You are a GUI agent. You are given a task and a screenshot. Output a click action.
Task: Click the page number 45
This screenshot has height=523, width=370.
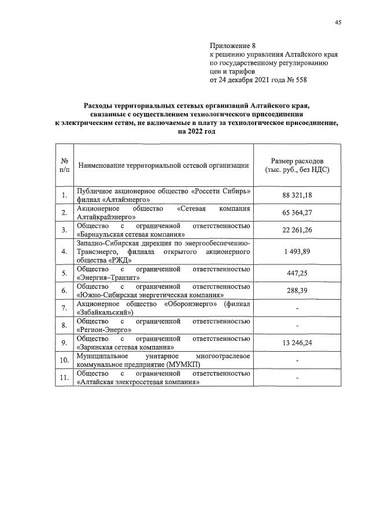[x=338, y=23]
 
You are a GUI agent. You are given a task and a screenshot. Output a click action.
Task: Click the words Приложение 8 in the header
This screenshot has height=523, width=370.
[x=231, y=45]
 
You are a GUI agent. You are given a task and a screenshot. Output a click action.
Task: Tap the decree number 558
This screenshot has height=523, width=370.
[x=301, y=80]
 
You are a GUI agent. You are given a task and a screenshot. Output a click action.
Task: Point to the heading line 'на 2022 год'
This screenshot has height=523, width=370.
[x=197, y=131]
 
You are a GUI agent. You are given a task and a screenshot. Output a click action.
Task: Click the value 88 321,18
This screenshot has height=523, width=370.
[x=297, y=196]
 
